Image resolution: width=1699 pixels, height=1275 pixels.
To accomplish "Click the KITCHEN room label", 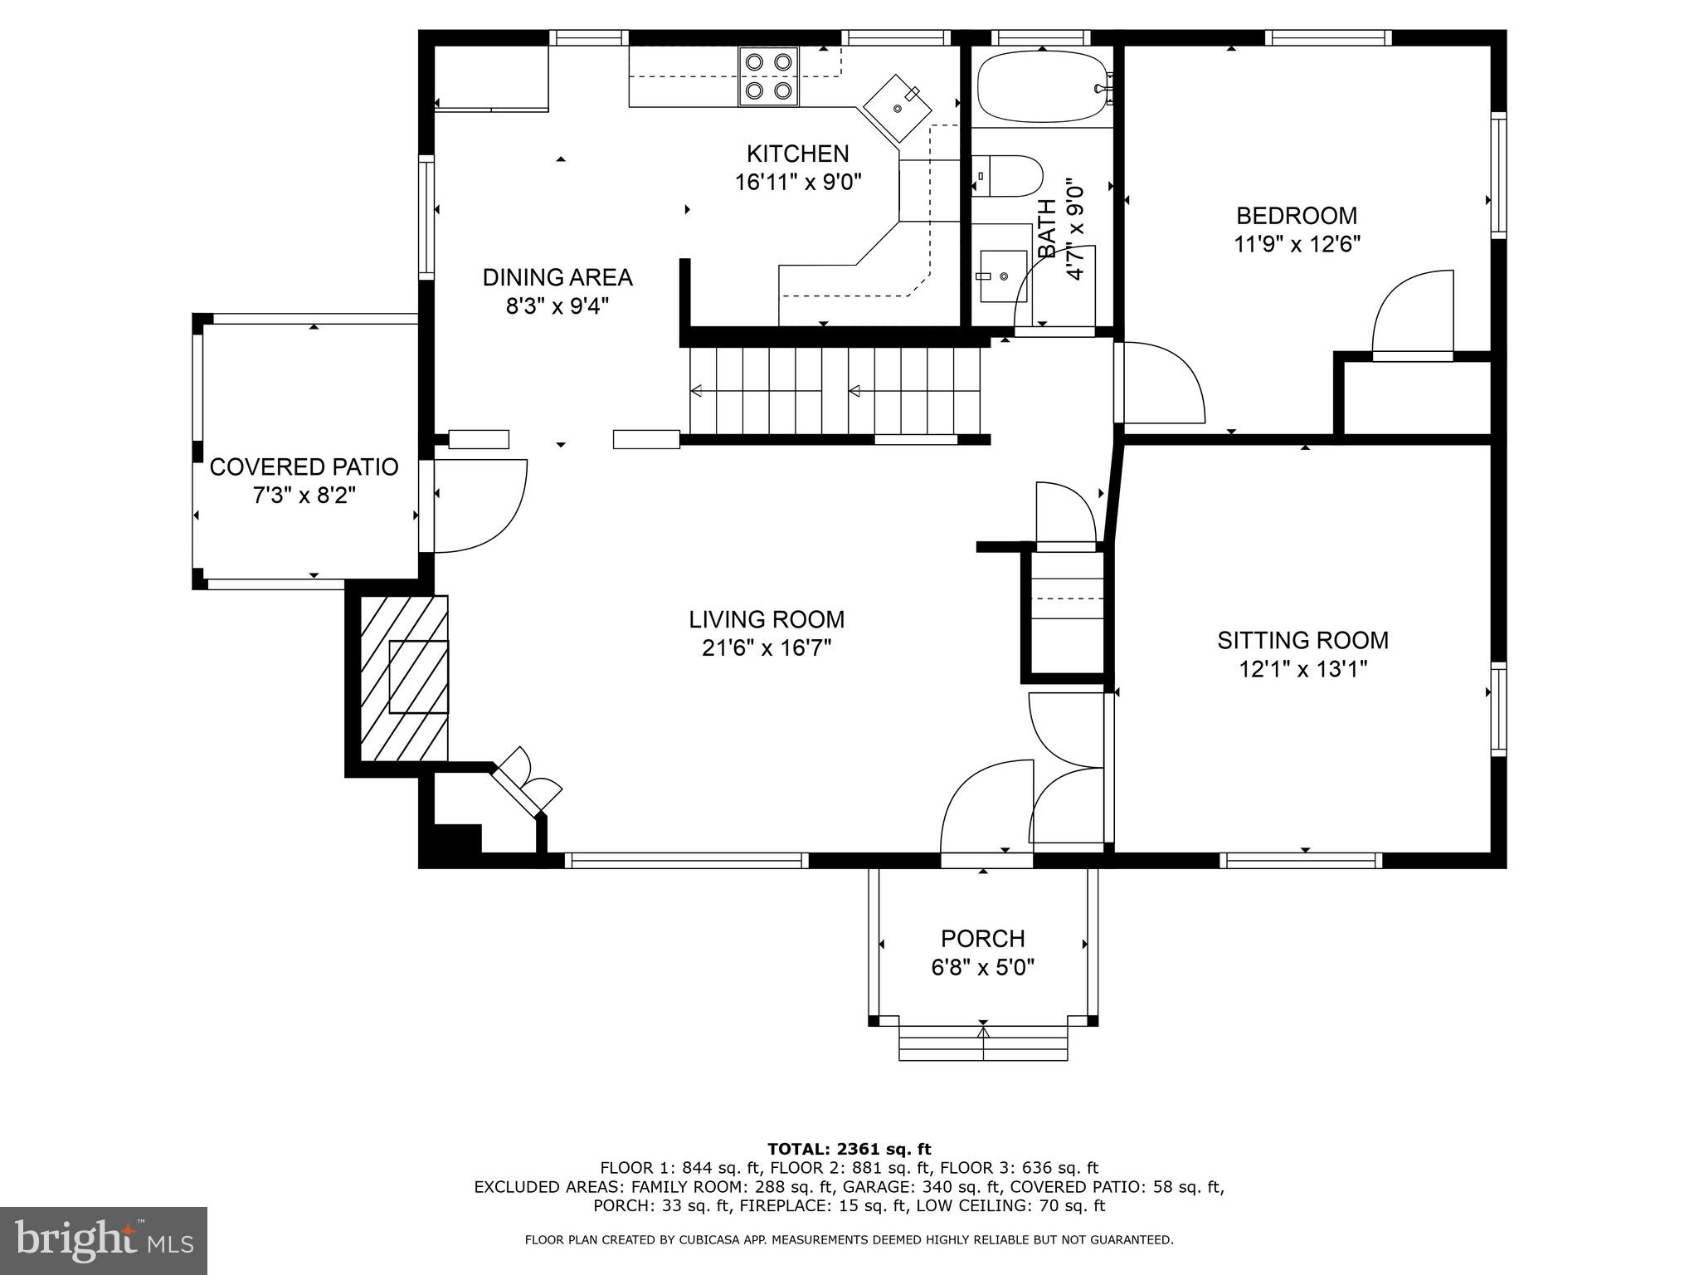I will pos(797,154).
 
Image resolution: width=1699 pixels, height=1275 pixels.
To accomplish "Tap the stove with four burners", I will pos(768,76).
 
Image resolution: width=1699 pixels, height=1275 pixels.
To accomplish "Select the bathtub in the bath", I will pos(1041,87).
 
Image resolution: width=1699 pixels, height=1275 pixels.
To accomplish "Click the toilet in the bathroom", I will pos(1009,176).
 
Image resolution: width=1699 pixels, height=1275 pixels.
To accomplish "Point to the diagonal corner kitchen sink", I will pos(897,108).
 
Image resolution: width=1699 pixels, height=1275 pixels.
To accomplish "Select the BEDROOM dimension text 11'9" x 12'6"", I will pos(1297,245).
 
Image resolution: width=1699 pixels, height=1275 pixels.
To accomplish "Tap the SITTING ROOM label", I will pos(1302,640).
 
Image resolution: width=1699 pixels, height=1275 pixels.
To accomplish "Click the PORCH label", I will pos(982,939).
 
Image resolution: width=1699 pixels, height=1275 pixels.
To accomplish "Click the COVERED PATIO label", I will pos(304,467).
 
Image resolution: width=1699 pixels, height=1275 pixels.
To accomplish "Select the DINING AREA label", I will pos(557,277).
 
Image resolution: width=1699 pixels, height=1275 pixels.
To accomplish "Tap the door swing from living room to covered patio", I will pos(477,506).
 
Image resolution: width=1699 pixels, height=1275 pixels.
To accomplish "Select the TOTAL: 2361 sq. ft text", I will pos(849,1149).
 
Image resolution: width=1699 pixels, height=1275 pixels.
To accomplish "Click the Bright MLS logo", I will pos(104,1240).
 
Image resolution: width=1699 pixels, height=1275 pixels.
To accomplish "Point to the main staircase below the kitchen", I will pos(834,390).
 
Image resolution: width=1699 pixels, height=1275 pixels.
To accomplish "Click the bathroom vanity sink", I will pos(1001,276).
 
